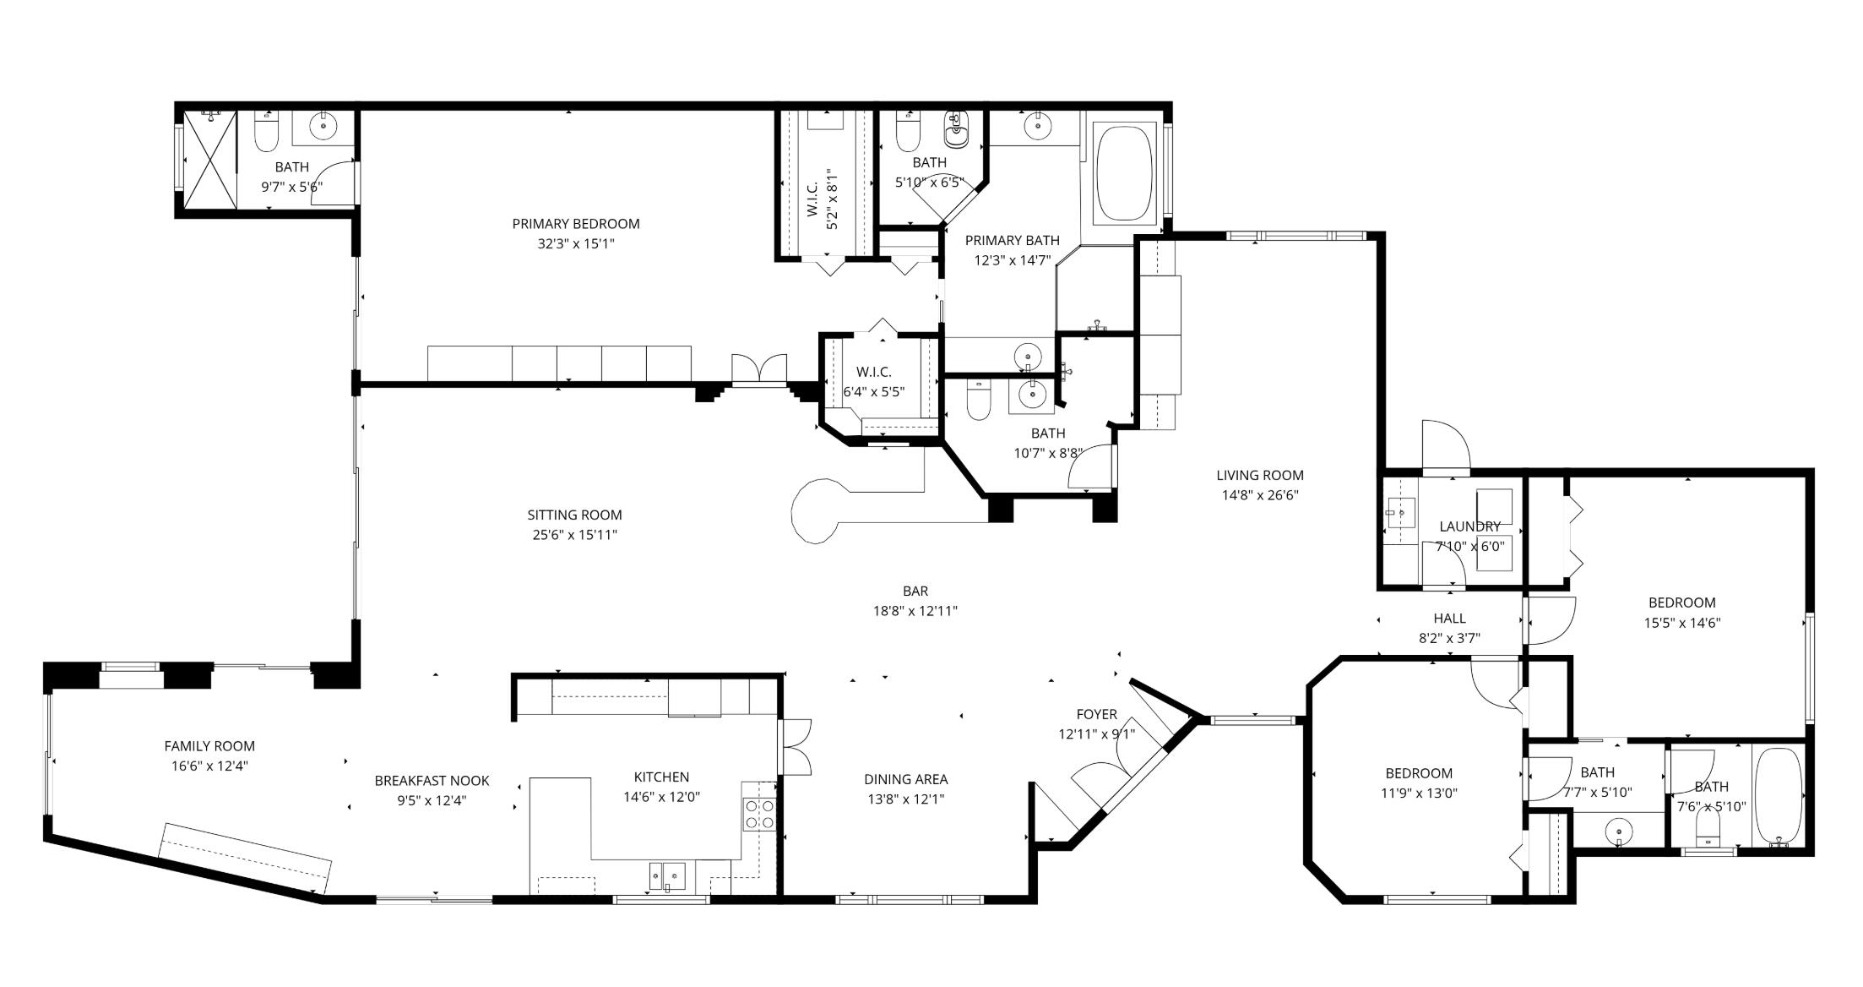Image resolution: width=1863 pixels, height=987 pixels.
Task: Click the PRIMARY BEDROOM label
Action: click(x=575, y=224)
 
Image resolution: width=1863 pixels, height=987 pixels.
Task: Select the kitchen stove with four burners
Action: click(x=758, y=814)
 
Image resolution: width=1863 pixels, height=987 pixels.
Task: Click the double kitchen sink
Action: click(x=666, y=876)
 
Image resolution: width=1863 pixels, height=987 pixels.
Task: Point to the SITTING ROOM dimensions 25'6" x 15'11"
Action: click(x=574, y=535)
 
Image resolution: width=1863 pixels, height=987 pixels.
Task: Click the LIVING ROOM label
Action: click(x=1259, y=475)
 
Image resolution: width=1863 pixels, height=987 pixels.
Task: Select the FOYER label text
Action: click(x=1096, y=714)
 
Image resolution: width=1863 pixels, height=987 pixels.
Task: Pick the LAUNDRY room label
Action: click(x=1469, y=526)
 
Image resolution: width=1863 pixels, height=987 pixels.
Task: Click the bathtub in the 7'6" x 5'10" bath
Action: click(x=1778, y=797)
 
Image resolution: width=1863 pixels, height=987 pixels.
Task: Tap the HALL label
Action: click(x=1449, y=619)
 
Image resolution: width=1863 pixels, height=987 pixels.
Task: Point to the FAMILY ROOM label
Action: click(x=209, y=746)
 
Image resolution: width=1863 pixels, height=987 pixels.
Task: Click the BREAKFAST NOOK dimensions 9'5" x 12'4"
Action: click(x=432, y=800)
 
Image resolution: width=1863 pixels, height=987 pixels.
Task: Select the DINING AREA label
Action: click(x=905, y=779)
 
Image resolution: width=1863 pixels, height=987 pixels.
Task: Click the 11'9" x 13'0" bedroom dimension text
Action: click(x=1419, y=793)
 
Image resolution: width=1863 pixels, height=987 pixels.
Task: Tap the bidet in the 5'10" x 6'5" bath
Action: click(x=957, y=129)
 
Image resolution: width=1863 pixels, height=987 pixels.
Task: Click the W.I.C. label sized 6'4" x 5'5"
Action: click(x=873, y=372)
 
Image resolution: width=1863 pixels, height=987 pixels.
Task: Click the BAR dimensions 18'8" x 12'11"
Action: click(x=915, y=611)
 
